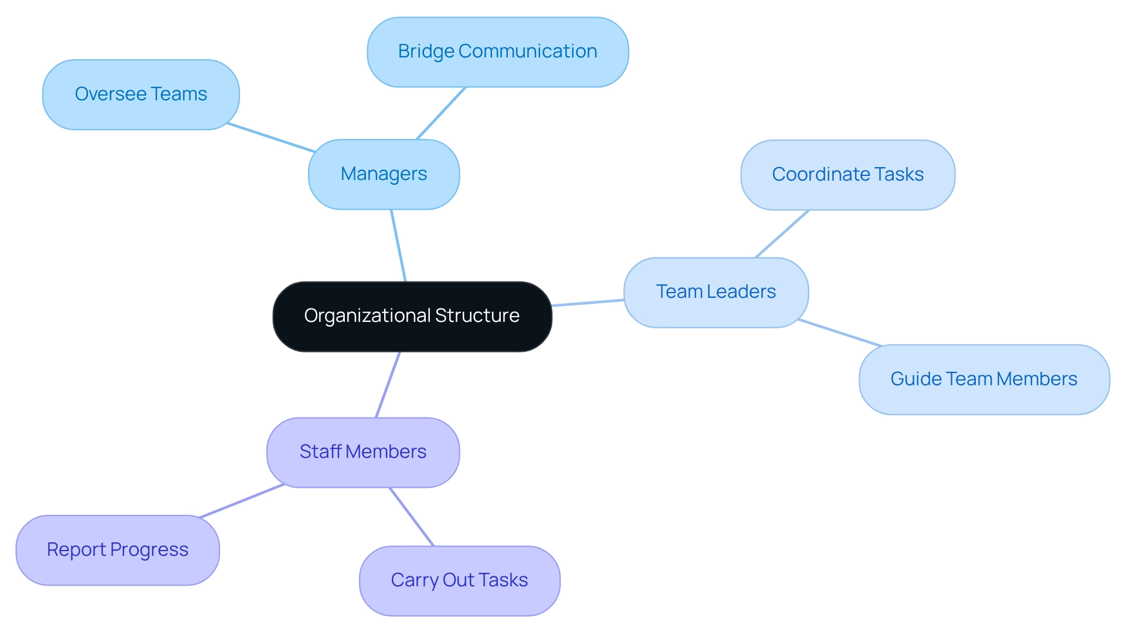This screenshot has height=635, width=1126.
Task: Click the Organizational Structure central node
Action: [x=412, y=317]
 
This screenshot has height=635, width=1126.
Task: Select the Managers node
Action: [x=384, y=174]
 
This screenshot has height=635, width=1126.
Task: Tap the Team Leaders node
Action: [x=715, y=292]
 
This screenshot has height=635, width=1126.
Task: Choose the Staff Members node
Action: [x=362, y=452]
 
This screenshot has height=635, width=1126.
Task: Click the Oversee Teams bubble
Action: [x=141, y=94]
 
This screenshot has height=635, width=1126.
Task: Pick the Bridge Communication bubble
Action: [x=497, y=52]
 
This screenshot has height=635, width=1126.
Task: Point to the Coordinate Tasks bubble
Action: [x=847, y=175]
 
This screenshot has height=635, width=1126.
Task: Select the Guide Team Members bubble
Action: [x=983, y=379]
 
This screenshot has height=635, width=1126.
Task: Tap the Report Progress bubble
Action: [x=117, y=550]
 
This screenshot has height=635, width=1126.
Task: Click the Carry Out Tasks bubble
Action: [x=459, y=580]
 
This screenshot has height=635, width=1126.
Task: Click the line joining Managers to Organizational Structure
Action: [x=398, y=245]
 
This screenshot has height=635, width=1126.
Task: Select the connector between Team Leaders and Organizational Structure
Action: [x=588, y=303]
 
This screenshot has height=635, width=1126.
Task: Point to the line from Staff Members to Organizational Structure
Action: [x=388, y=385]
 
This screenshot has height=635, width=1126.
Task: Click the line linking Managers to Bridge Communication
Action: [x=441, y=113]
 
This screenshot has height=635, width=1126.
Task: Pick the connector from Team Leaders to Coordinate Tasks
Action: [x=782, y=234]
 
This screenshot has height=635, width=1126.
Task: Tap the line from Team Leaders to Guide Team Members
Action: [x=840, y=332]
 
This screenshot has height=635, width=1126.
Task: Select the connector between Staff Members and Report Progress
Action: [x=242, y=501]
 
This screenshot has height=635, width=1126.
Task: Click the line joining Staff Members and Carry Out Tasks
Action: [x=412, y=517]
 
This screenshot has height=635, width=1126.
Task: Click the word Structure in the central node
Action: [x=477, y=315]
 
